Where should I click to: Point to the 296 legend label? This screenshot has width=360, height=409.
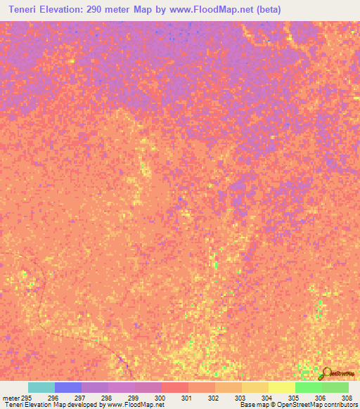[x=53, y=398]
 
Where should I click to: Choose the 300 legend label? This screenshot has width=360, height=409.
[x=160, y=398]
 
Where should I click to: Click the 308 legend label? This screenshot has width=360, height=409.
[x=345, y=398]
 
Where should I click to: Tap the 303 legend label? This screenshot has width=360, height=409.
[x=240, y=398]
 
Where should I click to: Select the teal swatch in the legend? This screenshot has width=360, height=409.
[x=41, y=387]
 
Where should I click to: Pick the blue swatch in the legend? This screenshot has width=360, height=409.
[x=68, y=387]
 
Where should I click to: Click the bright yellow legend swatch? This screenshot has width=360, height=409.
[x=282, y=387]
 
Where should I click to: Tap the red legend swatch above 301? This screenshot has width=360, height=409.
[x=175, y=387]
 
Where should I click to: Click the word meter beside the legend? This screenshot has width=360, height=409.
[x=11, y=398]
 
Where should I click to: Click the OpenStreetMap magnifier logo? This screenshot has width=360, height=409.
[x=326, y=374]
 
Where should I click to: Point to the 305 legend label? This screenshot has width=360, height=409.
[x=293, y=398]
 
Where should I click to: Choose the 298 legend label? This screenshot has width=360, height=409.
[x=106, y=398]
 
